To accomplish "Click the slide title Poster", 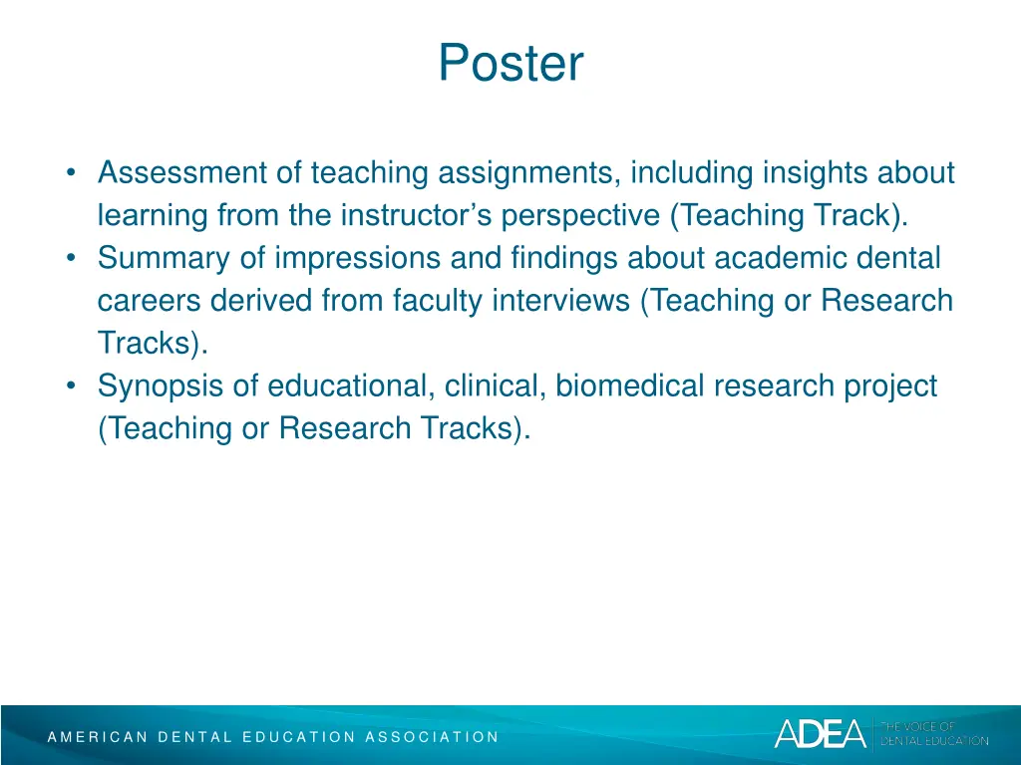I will (x=510, y=64).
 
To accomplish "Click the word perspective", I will (x=582, y=216).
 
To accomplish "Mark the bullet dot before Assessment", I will (x=73, y=173).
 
